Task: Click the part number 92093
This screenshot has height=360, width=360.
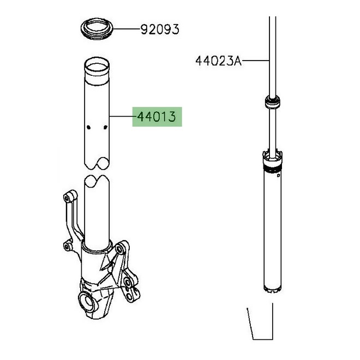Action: [x=160, y=29]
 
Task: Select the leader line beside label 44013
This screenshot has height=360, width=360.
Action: [x=121, y=117]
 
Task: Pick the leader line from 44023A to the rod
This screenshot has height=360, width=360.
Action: [x=255, y=61]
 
